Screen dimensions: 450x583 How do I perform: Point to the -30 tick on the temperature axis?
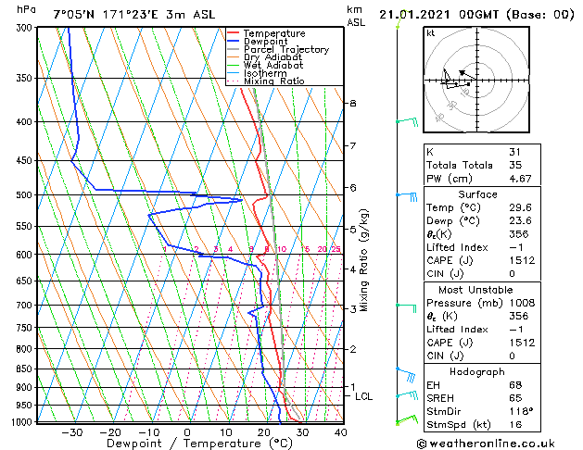tap(71, 431)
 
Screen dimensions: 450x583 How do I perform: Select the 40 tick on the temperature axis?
tap(340, 431)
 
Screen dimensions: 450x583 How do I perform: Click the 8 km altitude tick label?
tap(353, 103)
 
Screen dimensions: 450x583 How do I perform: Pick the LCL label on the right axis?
tap(363, 396)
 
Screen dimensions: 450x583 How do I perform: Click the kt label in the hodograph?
tap(430, 33)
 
